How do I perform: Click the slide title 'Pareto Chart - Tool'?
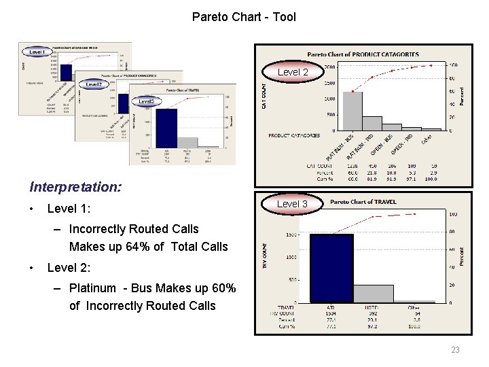[x=244, y=16]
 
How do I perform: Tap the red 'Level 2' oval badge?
[x=293, y=72]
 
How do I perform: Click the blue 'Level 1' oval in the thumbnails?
[x=37, y=52]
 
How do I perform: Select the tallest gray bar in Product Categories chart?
[x=352, y=110]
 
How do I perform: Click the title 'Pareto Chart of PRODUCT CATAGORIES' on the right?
[x=363, y=54]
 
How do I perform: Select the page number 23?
[x=455, y=350]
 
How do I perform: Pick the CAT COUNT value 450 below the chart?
[x=373, y=166]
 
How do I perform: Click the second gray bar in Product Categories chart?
[x=372, y=123]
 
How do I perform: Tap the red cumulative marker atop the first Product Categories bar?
[x=352, y=90]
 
